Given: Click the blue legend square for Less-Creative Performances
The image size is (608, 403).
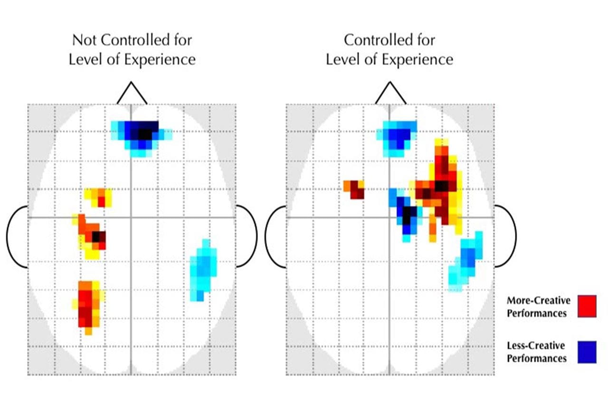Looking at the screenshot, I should click(x=587, y=352).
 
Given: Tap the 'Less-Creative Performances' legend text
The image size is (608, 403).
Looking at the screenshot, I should click(x=536, y=352).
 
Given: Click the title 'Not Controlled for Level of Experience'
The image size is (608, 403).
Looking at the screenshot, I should click(x=132, y=49).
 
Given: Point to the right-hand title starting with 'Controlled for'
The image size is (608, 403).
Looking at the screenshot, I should click(x=389, y=49).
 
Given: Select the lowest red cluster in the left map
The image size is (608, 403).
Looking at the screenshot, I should click(x=87, y=306).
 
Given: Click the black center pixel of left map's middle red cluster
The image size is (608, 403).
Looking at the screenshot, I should click(x=96, y=236).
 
